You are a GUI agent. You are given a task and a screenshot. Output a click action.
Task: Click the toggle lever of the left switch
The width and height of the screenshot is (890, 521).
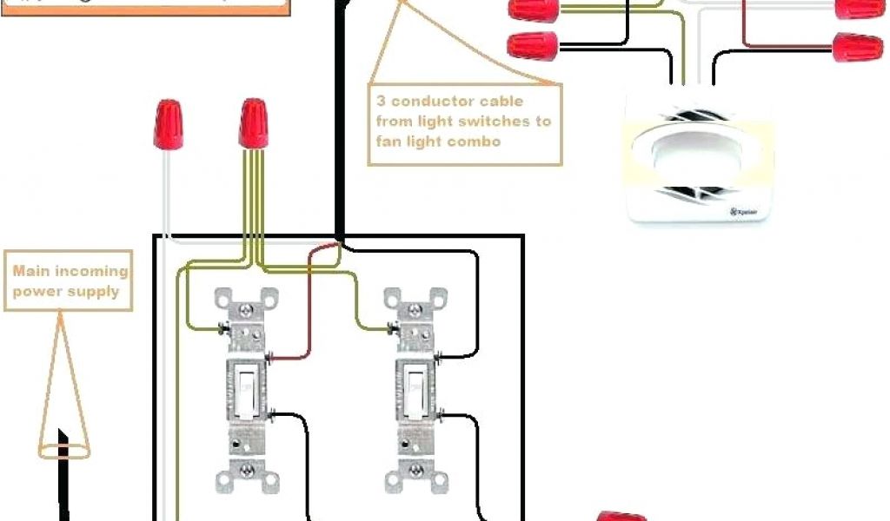(x=246, y=382)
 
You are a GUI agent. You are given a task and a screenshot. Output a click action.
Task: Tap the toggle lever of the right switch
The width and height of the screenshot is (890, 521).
(x=415, y=382)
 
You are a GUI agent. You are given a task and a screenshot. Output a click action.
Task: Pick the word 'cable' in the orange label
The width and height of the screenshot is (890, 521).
(x=525, y=100)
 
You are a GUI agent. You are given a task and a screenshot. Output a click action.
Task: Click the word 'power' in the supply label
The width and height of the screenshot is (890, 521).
(x=37, y=292)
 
